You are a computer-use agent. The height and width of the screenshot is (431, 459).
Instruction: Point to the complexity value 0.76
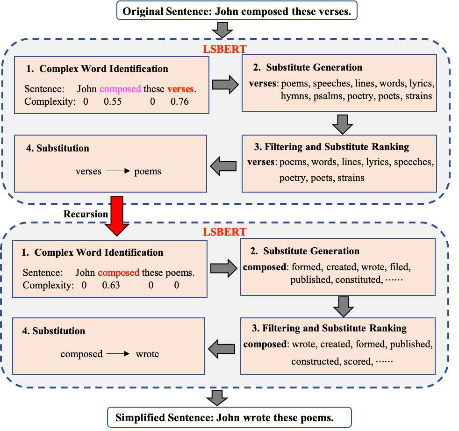point(179,101)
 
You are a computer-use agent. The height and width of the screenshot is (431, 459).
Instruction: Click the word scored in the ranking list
point(359,361)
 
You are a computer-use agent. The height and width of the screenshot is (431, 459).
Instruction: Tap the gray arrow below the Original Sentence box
point(220,30)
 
